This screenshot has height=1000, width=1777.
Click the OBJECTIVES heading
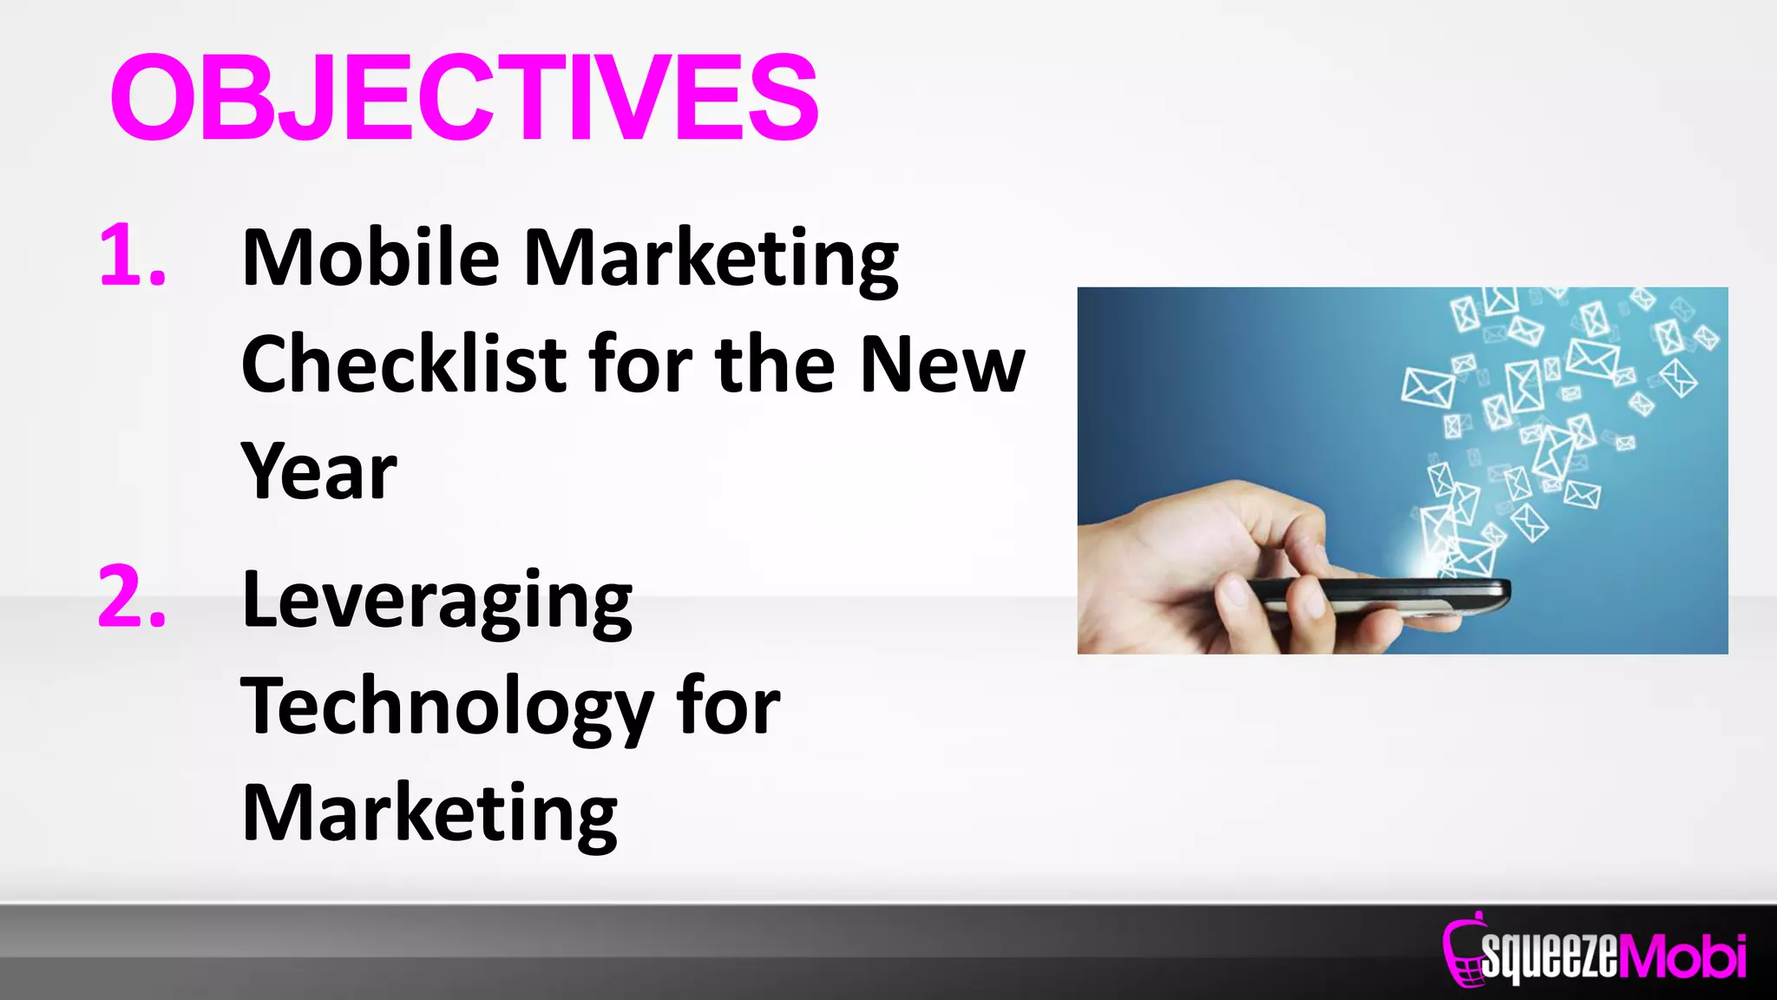point(464,96)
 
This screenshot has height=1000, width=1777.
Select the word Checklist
point(403,365)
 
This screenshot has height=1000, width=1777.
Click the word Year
point(318,471)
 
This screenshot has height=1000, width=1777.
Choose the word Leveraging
point(437,602)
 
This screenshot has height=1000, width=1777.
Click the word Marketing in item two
point(429,813)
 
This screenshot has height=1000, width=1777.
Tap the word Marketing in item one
point(711,259)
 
